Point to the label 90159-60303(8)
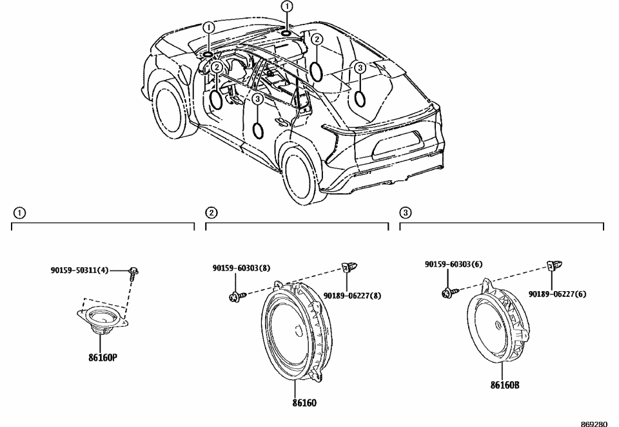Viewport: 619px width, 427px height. tap(241, 268)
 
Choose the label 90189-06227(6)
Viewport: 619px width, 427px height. tap(557, 294)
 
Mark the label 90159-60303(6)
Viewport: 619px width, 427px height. tap(454, 264)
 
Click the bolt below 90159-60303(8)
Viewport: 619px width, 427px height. tap(234, 296)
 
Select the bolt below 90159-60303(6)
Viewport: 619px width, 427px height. tap(447, 293)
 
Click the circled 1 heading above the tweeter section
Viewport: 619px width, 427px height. tap(20, 213)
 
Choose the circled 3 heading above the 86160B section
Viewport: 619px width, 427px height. tap(406, 213)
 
